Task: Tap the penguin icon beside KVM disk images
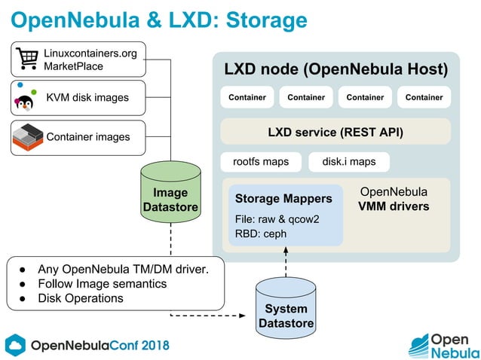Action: click(x=26, y=99)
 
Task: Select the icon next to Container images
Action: click(x=28, y=136)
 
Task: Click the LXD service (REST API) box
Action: click(x=335, y=133)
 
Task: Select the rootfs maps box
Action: click(x=261, y=162)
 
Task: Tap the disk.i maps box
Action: click(x=348, y=162)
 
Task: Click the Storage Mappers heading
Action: click(x=283, y=199)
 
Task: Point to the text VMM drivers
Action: click(x=393, y=206)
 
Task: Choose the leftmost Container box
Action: click(x=247, y=97)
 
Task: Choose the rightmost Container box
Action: click(x=424, y=97)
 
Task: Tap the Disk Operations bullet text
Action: click(x=81, y=298)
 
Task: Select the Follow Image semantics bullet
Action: click(x=102, y=284)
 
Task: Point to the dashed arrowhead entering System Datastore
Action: click(x=248, y=314)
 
